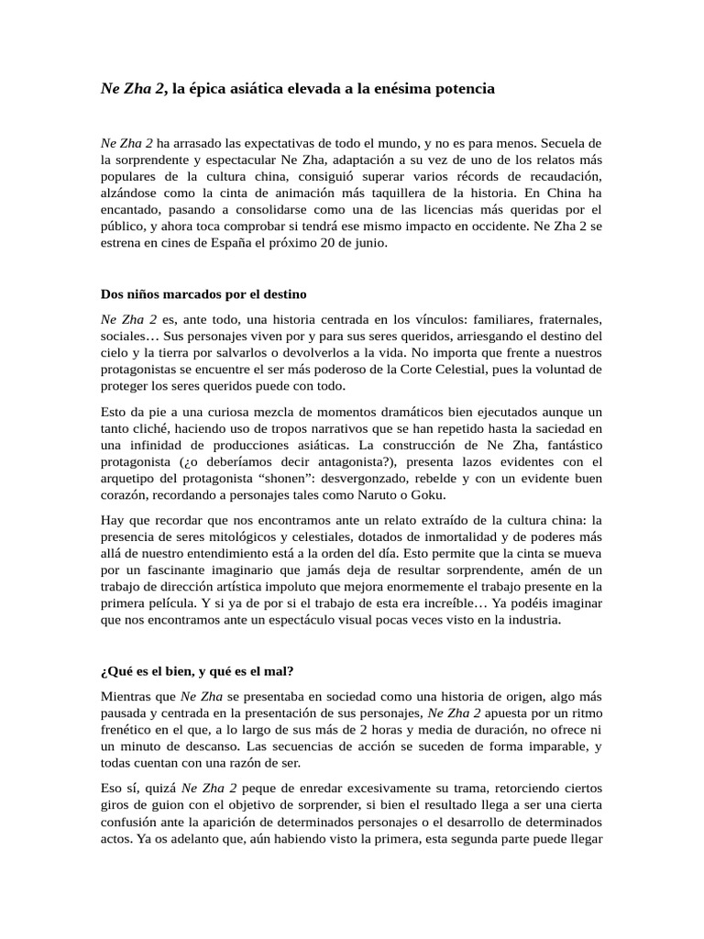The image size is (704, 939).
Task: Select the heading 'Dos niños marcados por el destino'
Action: click(203, 295)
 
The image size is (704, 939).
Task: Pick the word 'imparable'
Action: click(547, 746)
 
